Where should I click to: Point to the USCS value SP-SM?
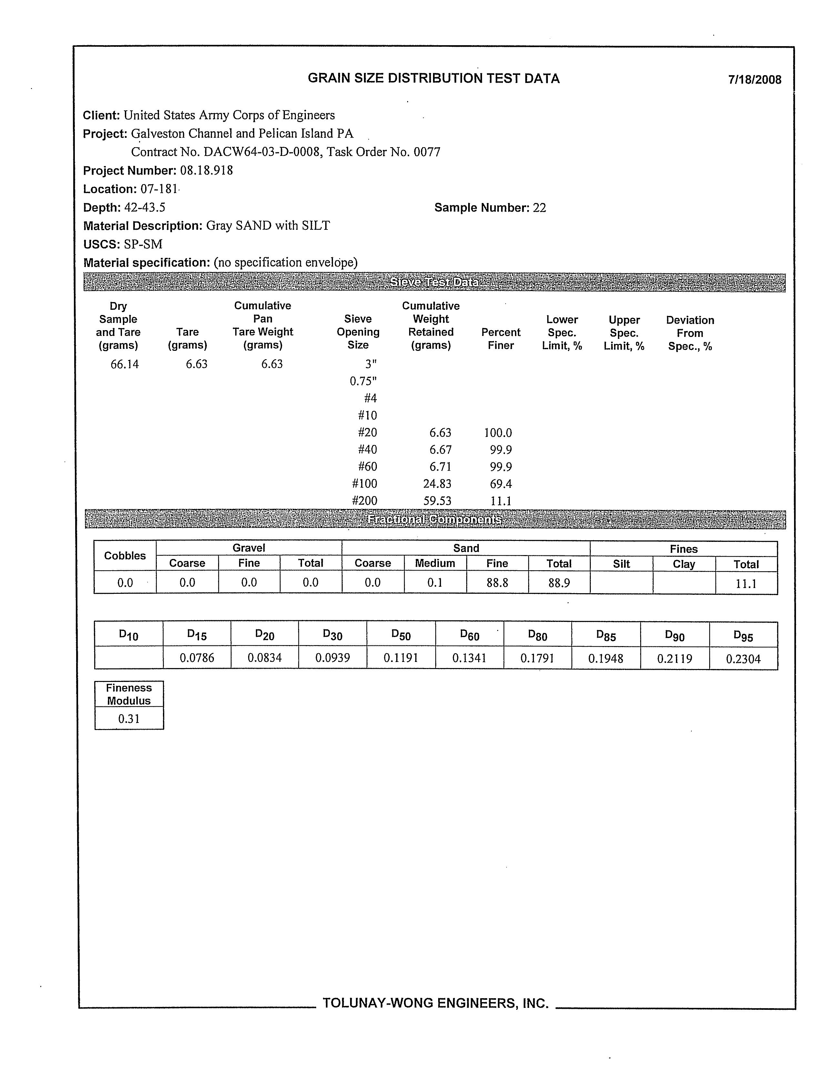143,244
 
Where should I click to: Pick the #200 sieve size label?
364,501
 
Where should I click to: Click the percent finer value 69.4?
501,484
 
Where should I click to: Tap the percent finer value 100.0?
498,432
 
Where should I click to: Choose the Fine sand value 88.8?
497,583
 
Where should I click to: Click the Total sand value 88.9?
559,583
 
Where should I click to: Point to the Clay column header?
684,564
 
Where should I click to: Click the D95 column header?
743,636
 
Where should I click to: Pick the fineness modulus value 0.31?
129,719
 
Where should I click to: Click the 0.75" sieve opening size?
363,381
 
